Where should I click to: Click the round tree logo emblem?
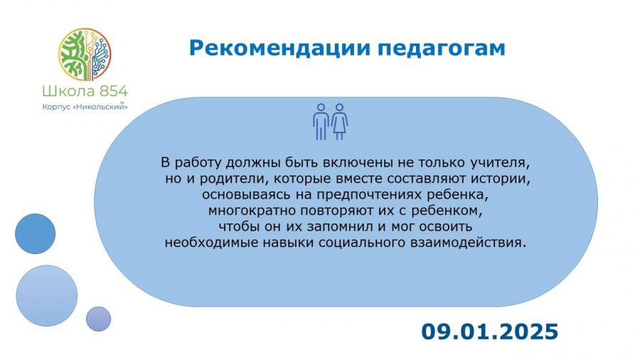point(85,54)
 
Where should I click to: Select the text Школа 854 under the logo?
point(85,91)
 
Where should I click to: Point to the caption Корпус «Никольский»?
point(85,107)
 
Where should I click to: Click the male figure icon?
point(321,122)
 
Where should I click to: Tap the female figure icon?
point(339,122)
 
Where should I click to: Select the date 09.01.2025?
point(490,332)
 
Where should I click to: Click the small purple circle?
point(98,319)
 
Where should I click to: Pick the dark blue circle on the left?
point(35,234)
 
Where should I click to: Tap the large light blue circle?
point(46,296)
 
